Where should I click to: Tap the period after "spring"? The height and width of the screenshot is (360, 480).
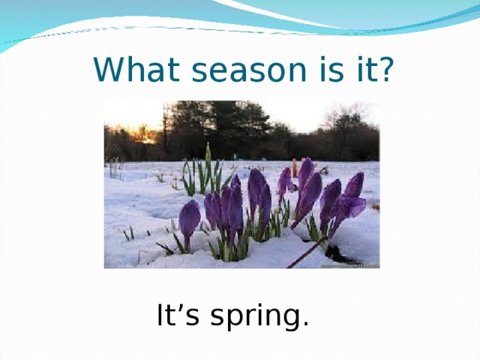pos(304,325)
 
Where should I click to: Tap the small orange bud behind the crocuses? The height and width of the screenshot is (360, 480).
pos(295,169)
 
